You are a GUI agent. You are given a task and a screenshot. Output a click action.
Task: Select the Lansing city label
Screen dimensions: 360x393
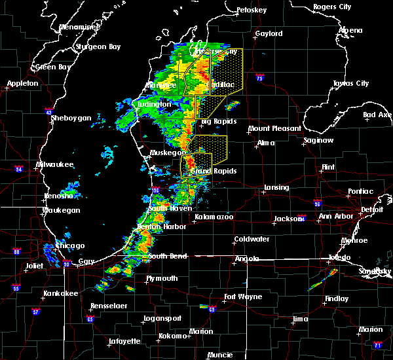(276, 188)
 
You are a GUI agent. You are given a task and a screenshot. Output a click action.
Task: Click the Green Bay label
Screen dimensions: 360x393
(53, 67)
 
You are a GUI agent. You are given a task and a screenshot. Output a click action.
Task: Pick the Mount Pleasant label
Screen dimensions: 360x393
(275, 129)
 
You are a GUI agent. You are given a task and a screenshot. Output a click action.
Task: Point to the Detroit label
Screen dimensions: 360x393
(371, 210)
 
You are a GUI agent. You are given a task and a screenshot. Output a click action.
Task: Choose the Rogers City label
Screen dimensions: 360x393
(332, 7)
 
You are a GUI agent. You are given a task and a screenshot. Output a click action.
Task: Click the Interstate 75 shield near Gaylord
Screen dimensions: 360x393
(260, 77)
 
